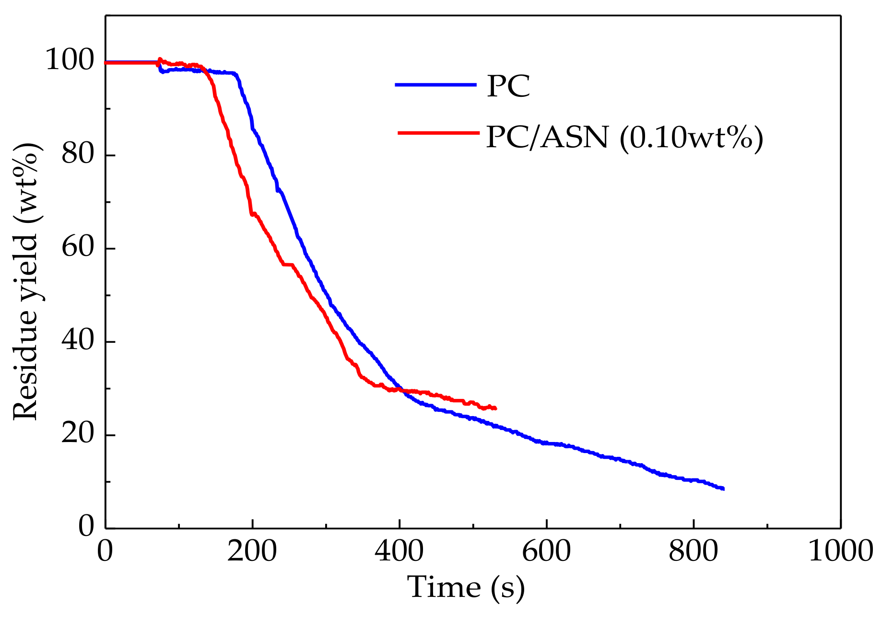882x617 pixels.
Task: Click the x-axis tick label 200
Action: click(252, 551)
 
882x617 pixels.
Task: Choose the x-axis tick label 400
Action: click(399, 551)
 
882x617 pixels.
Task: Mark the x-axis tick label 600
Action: click(546, 551)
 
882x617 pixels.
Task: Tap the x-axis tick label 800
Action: click(694, 551)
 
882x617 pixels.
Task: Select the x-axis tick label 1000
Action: click(840, 551)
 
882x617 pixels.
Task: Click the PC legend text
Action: click(508, 86)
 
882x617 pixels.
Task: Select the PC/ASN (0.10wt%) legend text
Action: click(624, 138)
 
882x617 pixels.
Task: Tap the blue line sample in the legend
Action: click(435, 85)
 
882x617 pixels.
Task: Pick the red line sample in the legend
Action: click(438, 132)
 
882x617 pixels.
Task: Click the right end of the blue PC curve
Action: click(723, 489)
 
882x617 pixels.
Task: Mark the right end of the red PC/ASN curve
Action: click(495, 408)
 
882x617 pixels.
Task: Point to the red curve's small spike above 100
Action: click(160, 59)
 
